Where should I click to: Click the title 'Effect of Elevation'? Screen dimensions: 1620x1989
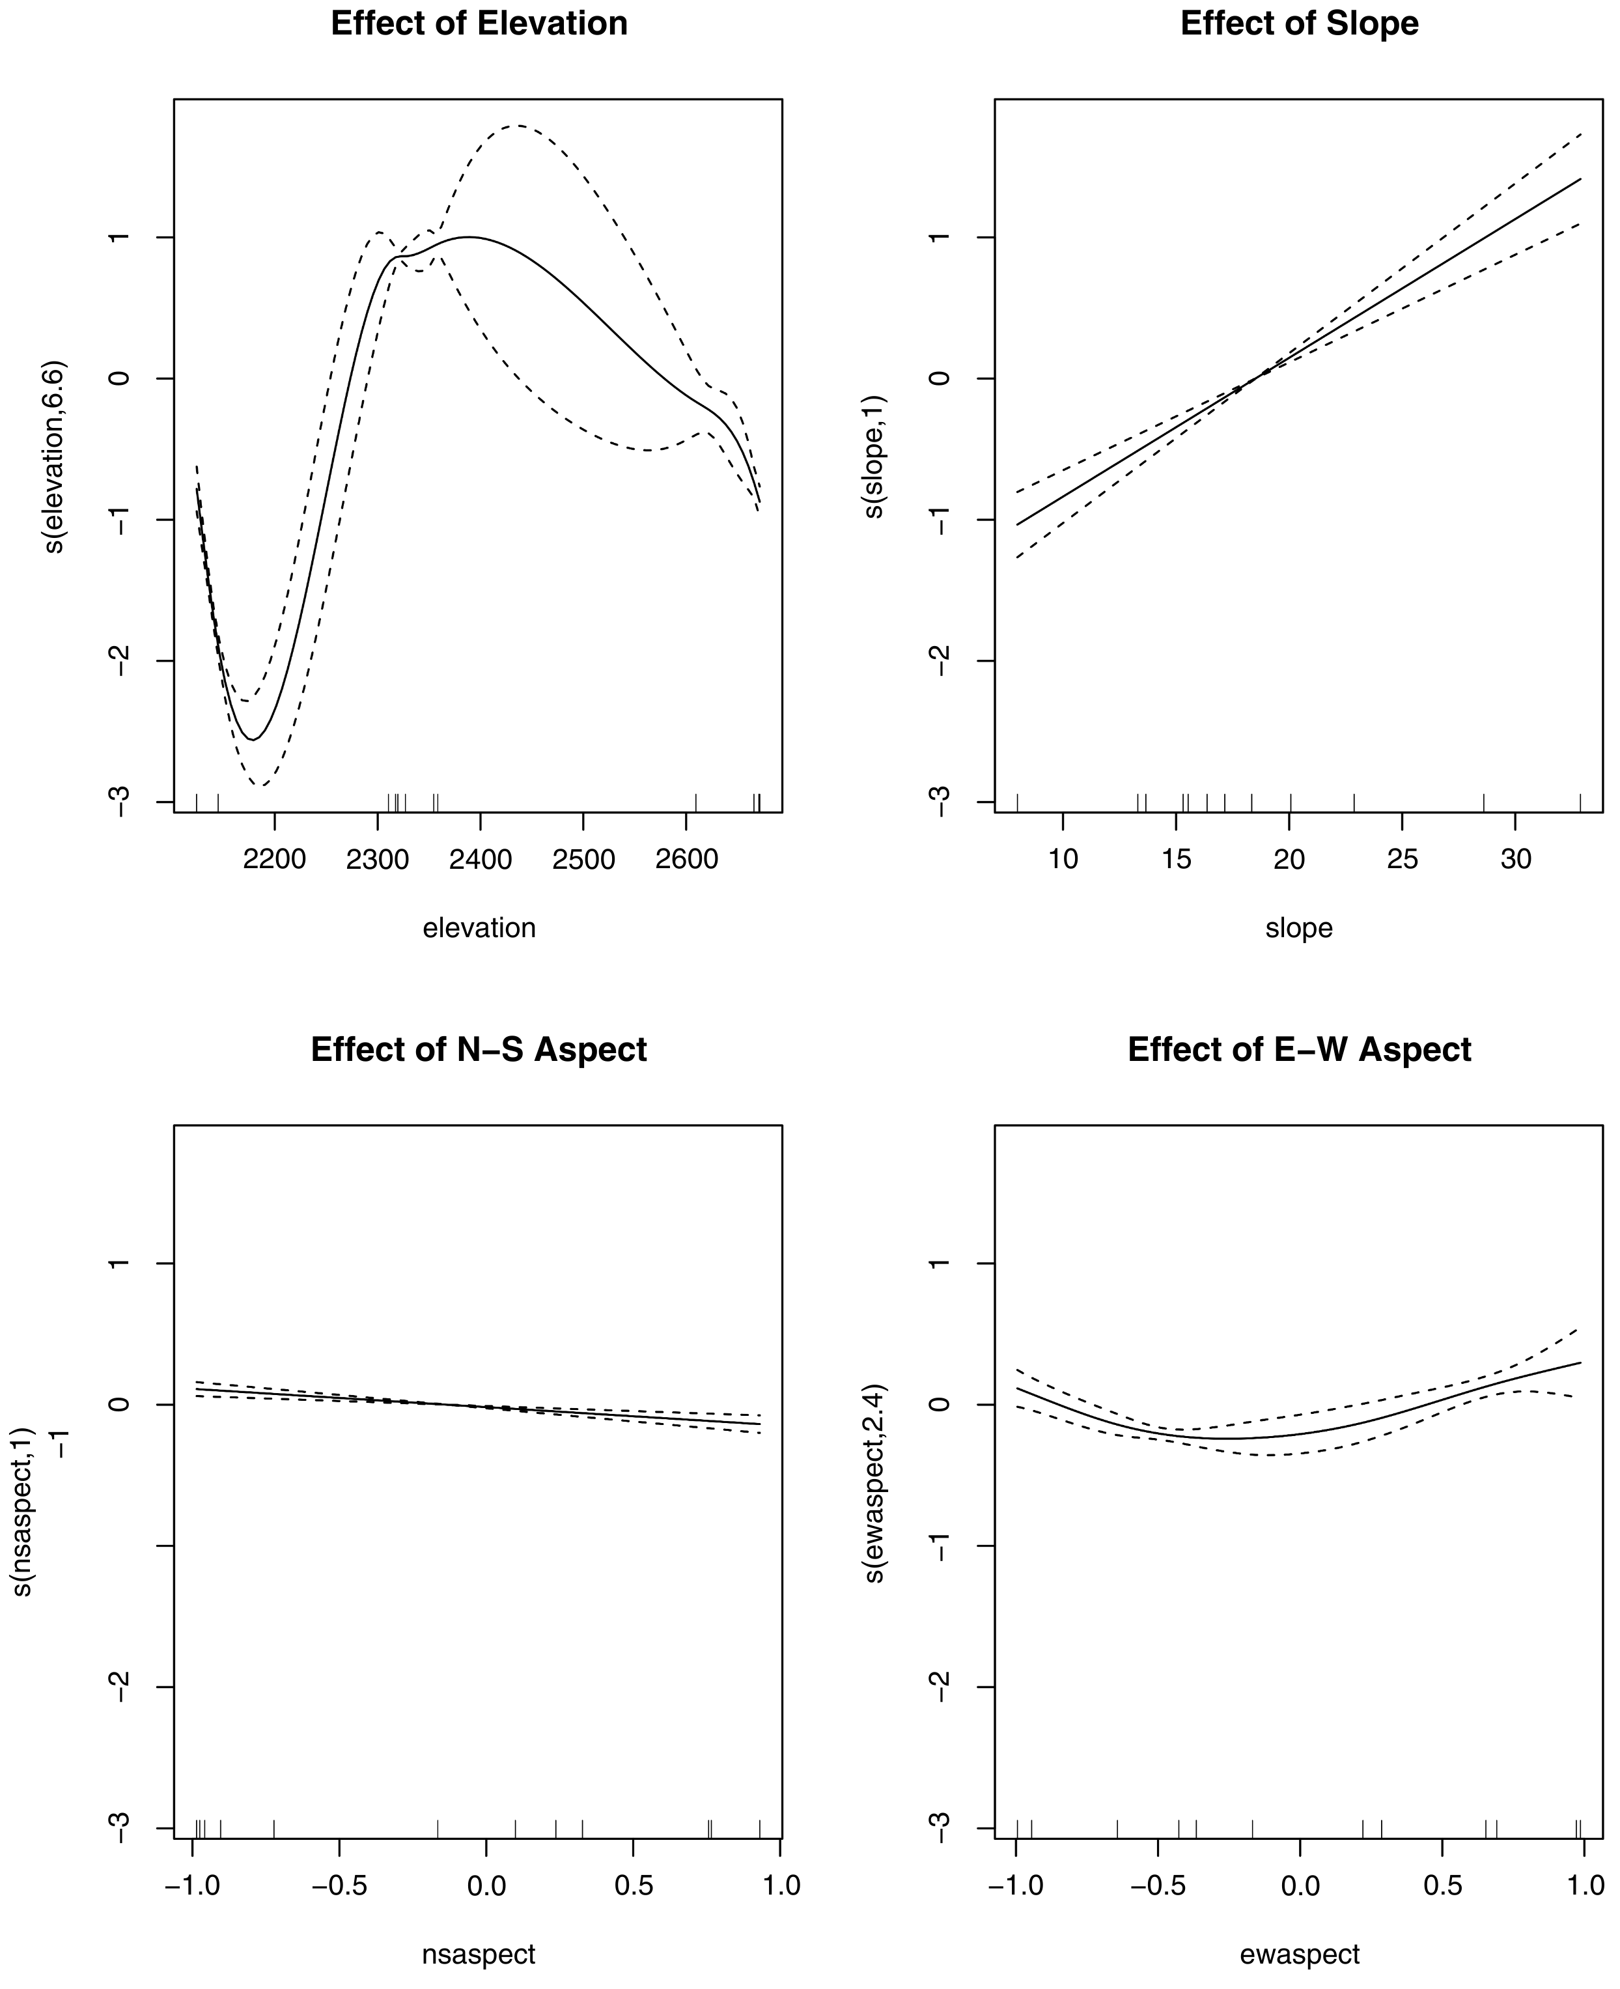[479, 23]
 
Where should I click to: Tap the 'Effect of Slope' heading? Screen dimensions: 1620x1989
[1299, 23]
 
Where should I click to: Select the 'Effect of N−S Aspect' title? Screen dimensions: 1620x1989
[479, 1049]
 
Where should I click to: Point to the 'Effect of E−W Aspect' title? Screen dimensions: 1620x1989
[1299, 1049]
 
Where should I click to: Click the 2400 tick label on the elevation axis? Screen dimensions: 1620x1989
[480, 858]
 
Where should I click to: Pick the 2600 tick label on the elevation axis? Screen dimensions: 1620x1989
[687, 858]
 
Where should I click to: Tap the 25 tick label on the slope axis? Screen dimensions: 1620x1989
[1403, 858]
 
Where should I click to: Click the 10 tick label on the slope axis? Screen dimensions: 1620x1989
[1063, 858]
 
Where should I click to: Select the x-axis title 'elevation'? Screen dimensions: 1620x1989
[479, 928]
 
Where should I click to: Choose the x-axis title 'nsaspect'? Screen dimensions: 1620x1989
[479, 1954]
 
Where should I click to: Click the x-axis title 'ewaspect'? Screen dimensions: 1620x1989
[1299, 1954]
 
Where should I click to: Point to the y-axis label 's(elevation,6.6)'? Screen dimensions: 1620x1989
[54, 455]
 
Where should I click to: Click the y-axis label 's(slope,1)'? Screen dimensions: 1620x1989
[874, 455]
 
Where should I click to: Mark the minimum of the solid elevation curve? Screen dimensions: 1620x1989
[253, 739]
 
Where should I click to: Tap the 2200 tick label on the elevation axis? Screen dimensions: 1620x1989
[274, 858]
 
